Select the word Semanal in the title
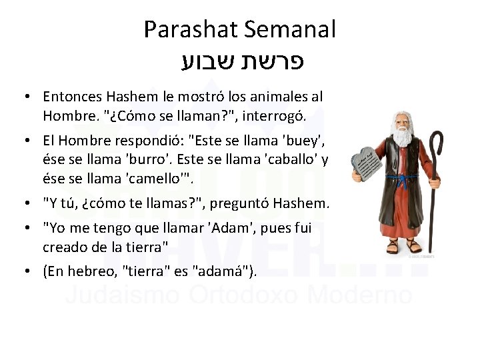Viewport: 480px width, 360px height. tap(289, 30)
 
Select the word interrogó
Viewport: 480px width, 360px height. tap(273, 116)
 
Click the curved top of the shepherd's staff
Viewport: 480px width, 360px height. tap(436, 141)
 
